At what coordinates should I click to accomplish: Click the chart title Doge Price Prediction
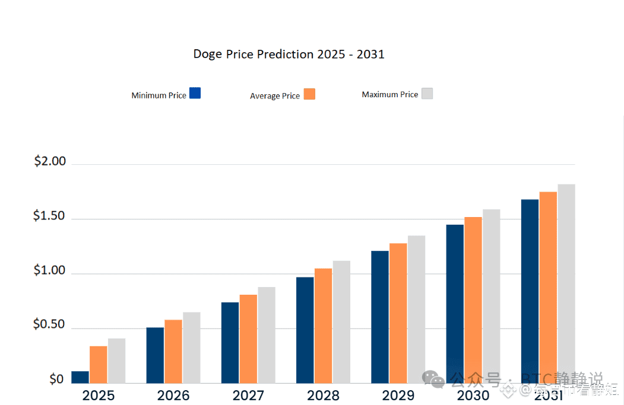click(x=289, y=55)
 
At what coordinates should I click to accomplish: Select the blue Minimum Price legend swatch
click(x=195, y=93)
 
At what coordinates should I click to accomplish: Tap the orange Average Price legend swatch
click(x=309, y=94)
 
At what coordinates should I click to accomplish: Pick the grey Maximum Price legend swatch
click(x=427, y=93)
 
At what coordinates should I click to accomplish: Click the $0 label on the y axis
click(x=56, y=379)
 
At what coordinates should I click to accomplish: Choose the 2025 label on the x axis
click(x=99, y=396)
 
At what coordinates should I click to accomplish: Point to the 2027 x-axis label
click(x=248, y=396)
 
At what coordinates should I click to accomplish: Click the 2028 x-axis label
click(x=323, y=396)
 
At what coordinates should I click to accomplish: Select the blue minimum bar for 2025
click(x=80, y=377)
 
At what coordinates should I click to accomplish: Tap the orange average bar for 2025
click(x=99, y=364)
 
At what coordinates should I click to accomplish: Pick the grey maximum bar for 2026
click(x=191, y=347)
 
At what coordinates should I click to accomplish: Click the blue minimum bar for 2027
click(x=230, y=343)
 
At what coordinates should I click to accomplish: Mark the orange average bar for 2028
click(x=323, y=326)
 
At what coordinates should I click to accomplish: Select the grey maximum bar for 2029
click(x=416, y=309)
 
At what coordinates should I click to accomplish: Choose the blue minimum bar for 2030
click(x=455, y=304)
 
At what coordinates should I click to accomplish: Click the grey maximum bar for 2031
click(x=566, y=283)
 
